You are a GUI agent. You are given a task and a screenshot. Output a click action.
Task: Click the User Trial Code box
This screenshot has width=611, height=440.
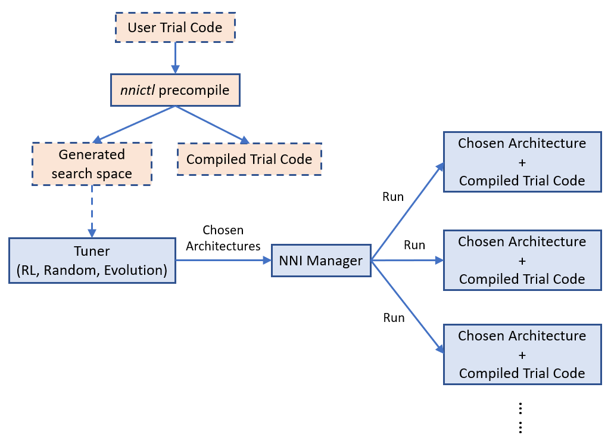175,27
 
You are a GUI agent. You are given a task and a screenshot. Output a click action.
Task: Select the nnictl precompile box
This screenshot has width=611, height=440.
175,91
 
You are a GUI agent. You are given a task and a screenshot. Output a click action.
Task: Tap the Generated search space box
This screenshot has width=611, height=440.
92,164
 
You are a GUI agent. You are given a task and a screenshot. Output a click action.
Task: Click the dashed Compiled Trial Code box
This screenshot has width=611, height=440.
249,159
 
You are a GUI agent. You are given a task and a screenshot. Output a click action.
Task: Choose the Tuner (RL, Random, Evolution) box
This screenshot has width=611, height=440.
92,261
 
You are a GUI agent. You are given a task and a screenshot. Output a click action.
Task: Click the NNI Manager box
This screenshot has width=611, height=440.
321,261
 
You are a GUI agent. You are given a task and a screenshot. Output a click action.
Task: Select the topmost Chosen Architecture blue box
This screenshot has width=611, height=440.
522,162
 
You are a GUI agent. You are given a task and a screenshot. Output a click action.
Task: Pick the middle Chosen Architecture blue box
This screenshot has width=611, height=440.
522,261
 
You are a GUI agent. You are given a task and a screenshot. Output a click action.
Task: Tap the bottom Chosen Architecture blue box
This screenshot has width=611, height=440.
522,355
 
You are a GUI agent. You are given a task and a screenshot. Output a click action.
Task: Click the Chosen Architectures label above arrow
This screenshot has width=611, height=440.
223,238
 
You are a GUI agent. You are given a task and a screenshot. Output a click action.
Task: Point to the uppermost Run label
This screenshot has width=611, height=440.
393,197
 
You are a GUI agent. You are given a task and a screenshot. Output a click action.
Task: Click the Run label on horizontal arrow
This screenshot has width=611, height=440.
414,245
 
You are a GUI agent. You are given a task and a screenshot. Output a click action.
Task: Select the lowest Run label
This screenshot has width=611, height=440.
394,318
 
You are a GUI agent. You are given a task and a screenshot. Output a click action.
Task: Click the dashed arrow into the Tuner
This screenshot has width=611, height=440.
92,212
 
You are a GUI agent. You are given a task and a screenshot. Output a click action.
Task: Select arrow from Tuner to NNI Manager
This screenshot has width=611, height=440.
223,261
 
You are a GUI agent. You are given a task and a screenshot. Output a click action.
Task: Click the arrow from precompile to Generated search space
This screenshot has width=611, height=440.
136,124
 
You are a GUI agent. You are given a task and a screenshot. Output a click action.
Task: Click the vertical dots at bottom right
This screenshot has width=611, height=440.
520,417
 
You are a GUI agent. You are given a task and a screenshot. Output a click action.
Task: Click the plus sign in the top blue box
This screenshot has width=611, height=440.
522,162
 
